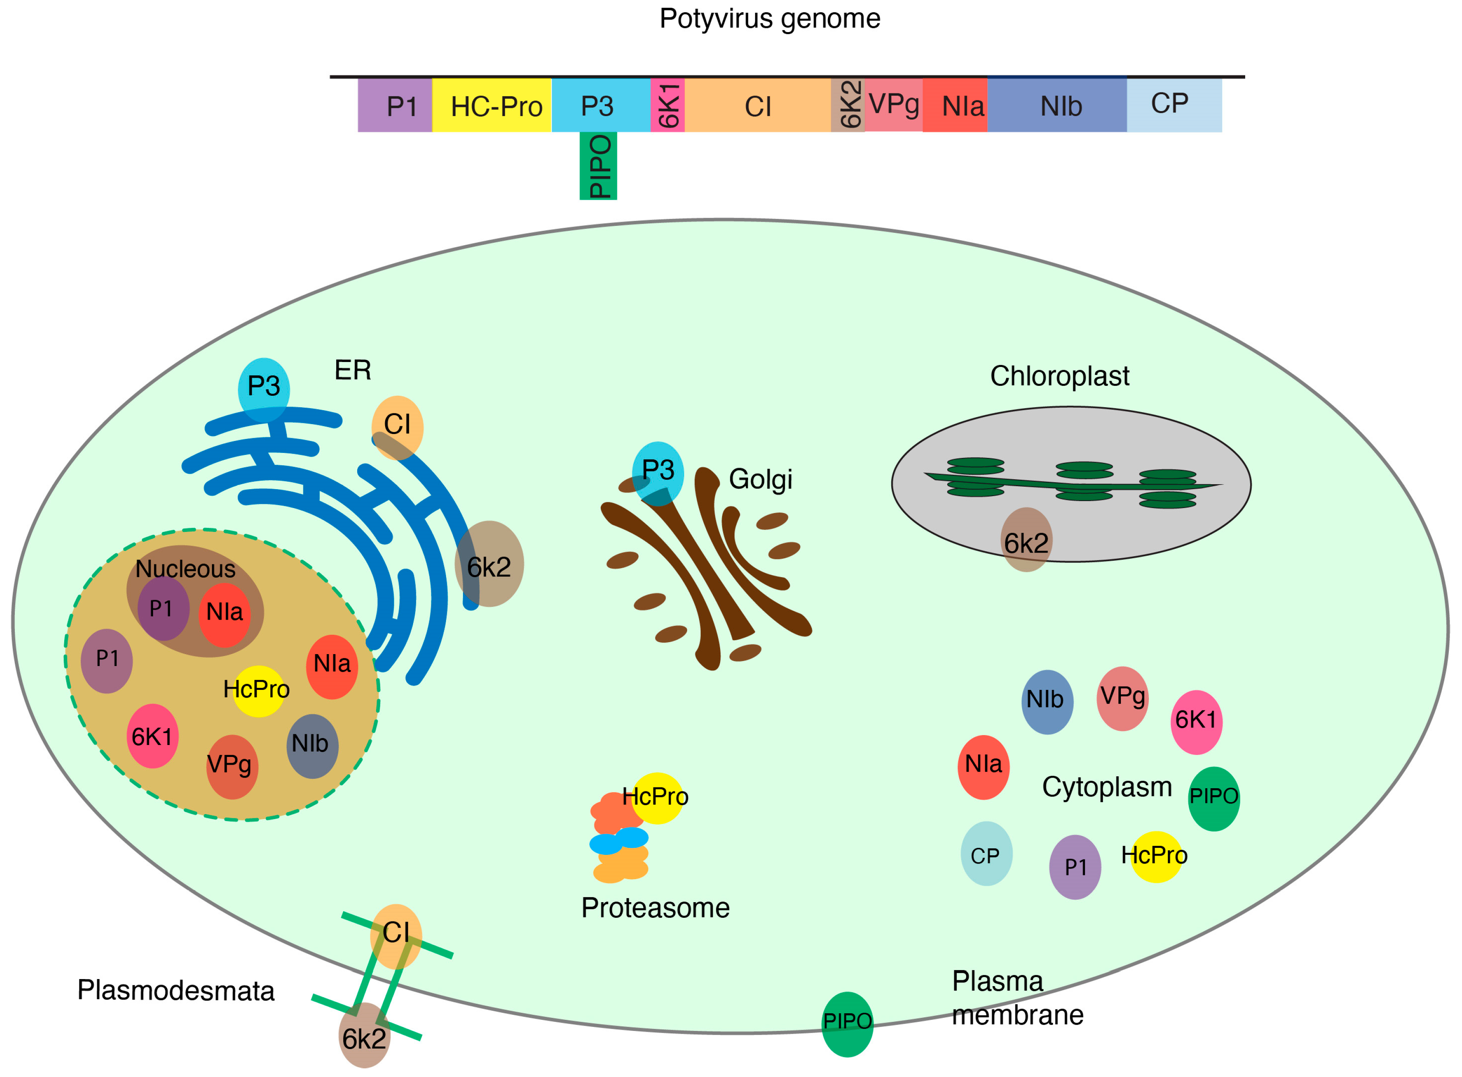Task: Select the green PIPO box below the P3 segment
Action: pos(598,166)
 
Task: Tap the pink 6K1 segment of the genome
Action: pos(667,106)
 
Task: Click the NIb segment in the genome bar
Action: pos(1056,106)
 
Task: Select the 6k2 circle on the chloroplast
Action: pos(1026,540)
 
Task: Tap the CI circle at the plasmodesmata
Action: pos(396,935)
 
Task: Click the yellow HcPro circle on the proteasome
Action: pos(657,798)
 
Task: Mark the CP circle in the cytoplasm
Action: pos(986,853)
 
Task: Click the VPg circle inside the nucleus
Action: pos(232,767)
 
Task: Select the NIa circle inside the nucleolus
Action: pos(224,613)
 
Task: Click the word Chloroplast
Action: pos(1059,376)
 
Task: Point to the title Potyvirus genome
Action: pos(769,18)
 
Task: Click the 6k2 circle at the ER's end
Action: pos(489,564)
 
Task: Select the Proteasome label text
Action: pos(655,908)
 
